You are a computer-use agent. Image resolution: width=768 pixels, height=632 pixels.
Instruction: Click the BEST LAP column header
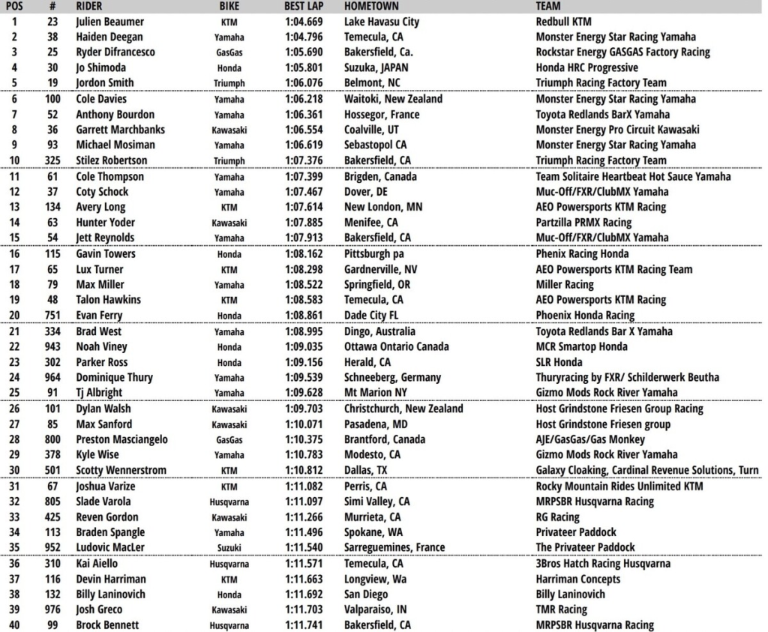[x=304, y=6]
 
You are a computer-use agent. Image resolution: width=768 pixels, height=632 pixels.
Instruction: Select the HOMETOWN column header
[x=371, y=6]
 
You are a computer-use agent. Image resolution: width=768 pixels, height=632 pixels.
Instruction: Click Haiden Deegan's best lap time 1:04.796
[x=304, y=37]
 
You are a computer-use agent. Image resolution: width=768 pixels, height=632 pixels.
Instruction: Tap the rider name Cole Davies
[x=101, y=99]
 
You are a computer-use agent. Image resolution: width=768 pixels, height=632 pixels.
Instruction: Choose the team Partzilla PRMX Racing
[x=583, y=223]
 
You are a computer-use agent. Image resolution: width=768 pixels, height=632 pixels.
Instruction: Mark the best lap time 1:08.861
[x=304, y=316]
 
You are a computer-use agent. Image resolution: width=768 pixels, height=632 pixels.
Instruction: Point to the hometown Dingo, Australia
[x=381, y=331]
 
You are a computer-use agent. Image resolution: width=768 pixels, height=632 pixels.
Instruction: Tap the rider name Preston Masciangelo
[x=121, y=439]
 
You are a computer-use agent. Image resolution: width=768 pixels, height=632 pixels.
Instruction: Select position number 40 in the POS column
[x=14, y=625]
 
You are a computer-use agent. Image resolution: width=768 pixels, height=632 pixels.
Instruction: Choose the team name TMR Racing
[x=562, y=610]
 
